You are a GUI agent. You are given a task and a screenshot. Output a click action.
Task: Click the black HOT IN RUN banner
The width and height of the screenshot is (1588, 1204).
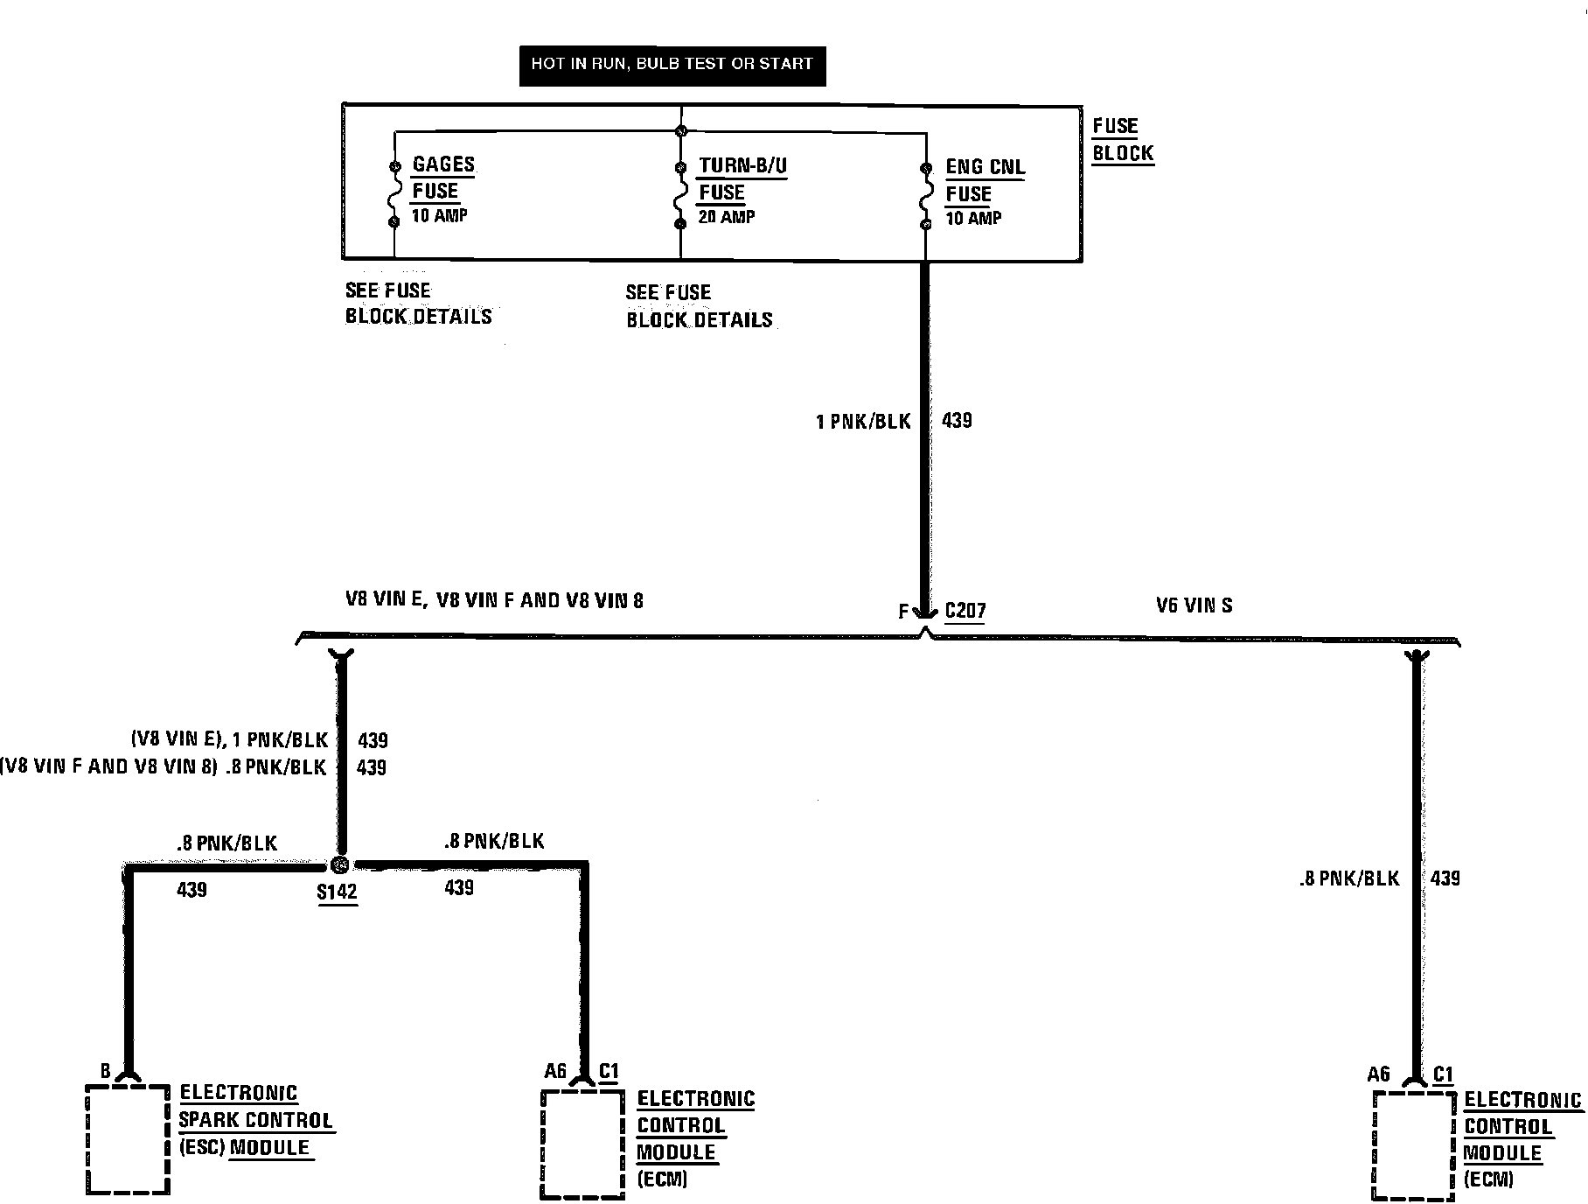672,65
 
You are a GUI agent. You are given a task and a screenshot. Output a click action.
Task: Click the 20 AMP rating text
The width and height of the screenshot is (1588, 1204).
726,217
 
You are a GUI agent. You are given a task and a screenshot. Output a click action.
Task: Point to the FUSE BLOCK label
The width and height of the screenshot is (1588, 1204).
1122,140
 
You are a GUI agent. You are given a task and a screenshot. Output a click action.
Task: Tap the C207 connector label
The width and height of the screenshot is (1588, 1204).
965,611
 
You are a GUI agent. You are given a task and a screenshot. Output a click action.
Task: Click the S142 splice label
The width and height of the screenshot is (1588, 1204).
337,892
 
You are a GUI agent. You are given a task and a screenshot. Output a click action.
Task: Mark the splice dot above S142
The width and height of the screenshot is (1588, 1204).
341,864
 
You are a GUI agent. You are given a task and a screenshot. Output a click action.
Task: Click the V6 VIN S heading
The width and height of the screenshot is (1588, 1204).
1194,605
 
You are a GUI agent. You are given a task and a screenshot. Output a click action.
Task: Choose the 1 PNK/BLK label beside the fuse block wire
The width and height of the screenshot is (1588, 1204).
863,422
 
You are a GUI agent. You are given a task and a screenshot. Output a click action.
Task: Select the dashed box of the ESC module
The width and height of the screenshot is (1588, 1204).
128,1139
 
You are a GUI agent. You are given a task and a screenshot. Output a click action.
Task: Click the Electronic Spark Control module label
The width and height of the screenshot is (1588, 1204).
255,1120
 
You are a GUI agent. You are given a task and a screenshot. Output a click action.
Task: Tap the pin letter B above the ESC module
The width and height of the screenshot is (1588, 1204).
105,1071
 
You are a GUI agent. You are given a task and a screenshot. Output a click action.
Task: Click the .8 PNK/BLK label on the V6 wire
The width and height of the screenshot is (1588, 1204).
1349,878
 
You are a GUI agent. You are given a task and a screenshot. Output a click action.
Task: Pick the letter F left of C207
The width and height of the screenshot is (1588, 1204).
903,612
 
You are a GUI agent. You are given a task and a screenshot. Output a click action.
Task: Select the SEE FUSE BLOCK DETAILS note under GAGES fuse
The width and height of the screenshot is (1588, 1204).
418,304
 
